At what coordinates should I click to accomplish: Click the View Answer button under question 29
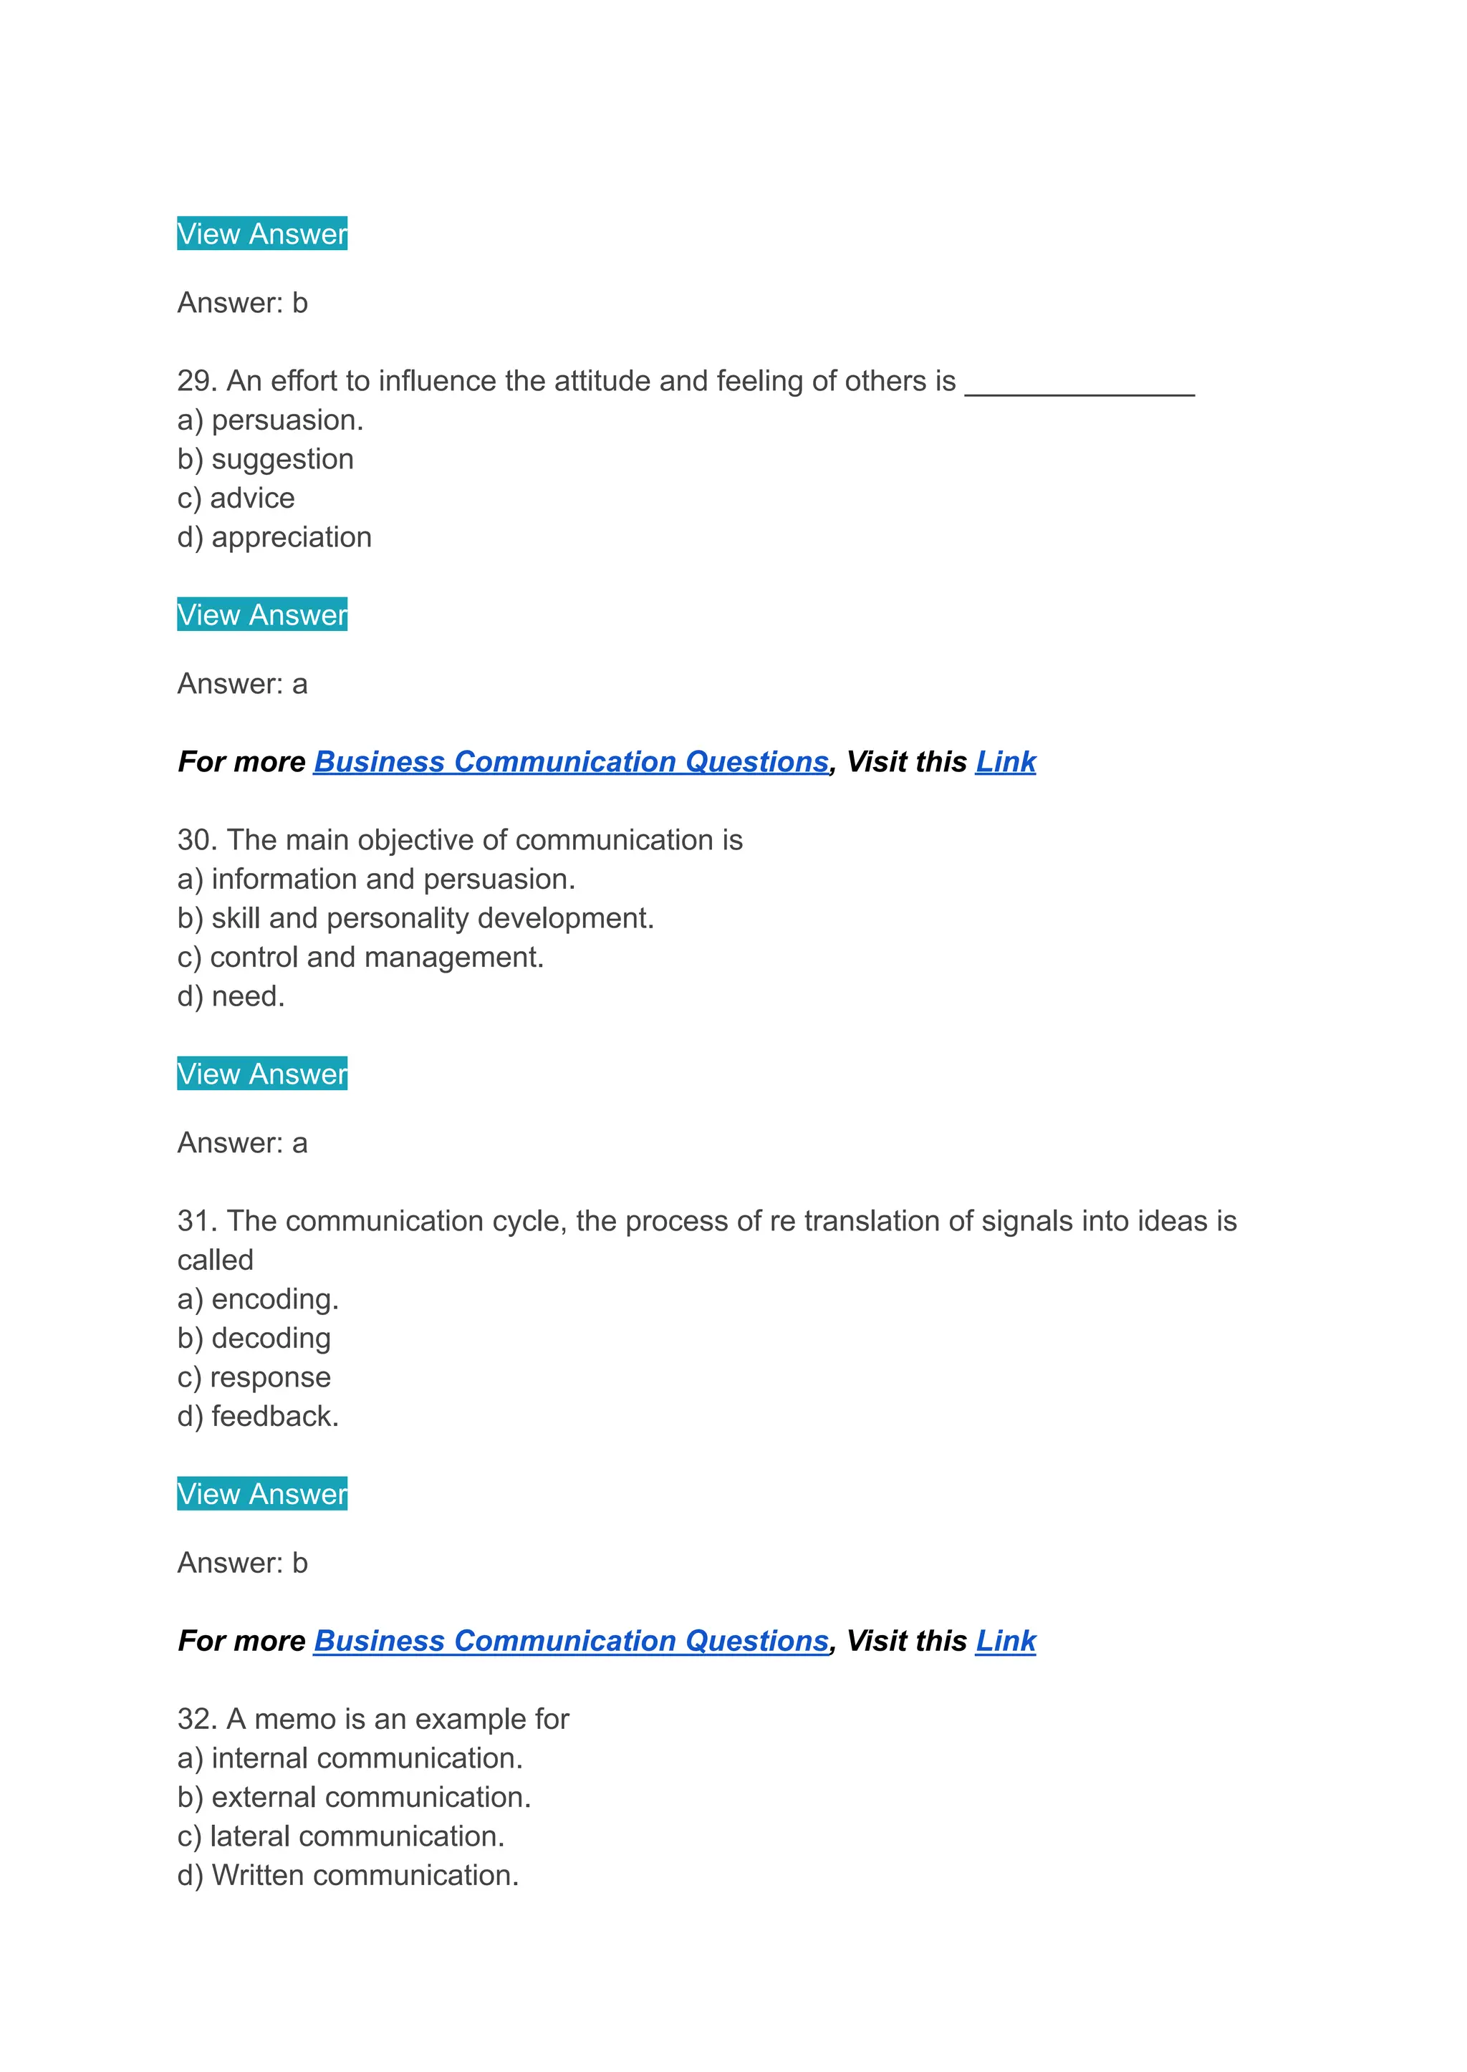click(x=262, y=615)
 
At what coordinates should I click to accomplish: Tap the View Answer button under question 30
click(x=262, y=1073)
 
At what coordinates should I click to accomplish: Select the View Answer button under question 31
click(x=262, y=1493)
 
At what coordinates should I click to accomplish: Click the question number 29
click(x=197, y=381)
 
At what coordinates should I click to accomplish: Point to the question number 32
click(x=197, y=1719)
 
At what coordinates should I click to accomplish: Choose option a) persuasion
click(x=270, y=420)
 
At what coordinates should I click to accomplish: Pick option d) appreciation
click(x=274, y=537)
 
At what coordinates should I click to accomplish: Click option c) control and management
click(x=360, y=958)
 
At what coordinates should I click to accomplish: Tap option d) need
click(x=231, y=996)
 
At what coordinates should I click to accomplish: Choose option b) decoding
click(x=254, y=1338)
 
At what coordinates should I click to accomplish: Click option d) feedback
click(x=257, y=1416)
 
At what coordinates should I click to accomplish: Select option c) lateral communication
click(x=340, y=1836)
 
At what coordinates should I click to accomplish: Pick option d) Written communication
click(x=348, y=1875)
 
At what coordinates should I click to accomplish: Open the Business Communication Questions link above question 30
click(x=571, y=761)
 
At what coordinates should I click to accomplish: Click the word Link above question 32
click(x=1006, y=1640)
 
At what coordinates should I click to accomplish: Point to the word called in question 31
click(x=215, y=1260)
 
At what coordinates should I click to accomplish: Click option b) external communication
click(x=354, y=1798)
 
